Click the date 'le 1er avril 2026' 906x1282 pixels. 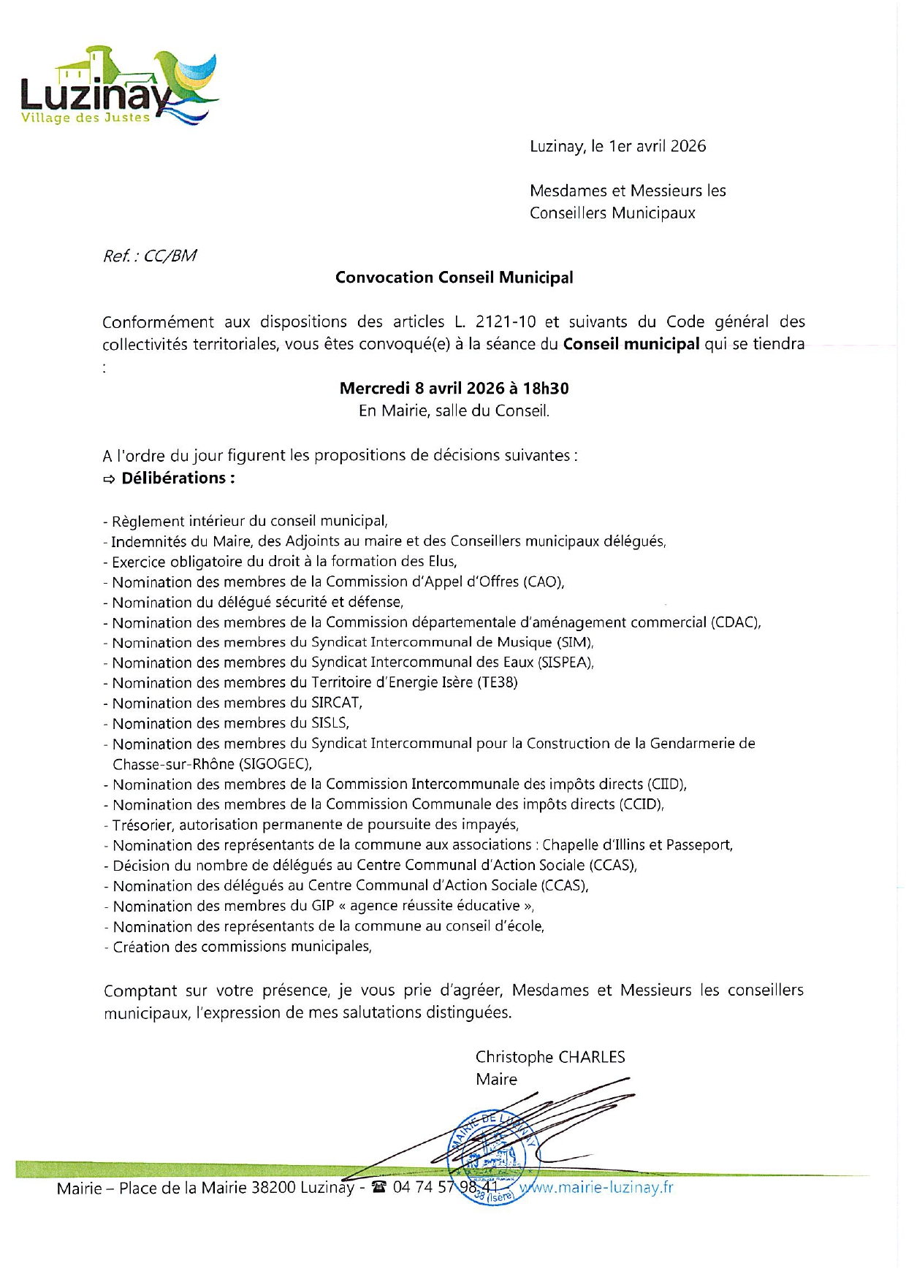(x=649, y=146)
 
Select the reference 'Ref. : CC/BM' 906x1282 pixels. (x=150, y=256)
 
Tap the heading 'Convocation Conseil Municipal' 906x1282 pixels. (x=454, y=278)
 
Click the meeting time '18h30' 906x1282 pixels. (x=546, y=389)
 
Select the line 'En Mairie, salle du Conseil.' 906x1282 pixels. (x=454, y=411)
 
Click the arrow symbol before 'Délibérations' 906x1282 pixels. (x=109, y=479)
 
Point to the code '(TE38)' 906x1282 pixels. (x=497, y=683)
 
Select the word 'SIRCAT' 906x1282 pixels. (x=335, y=703)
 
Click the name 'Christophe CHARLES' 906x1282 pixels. (x=550, y=1057)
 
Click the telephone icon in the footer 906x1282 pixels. (x=378, y=1187)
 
